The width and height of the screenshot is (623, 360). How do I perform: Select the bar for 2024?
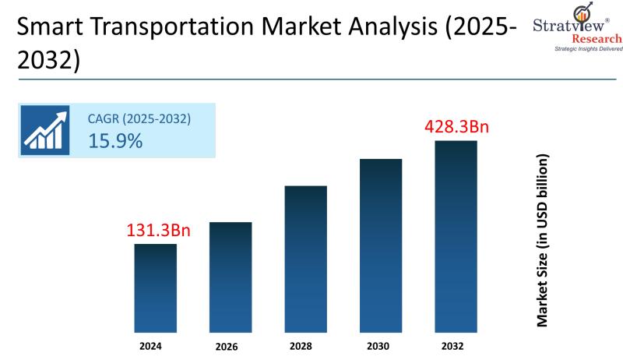(156, 288)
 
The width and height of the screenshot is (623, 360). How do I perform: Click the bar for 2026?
(230, 277)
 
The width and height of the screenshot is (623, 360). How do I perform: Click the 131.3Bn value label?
(159, 231)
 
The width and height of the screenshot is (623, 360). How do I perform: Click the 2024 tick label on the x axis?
(156, 344)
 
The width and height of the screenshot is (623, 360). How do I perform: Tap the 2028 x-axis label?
(306, 344)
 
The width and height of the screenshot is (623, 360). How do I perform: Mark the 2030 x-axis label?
(381, 344)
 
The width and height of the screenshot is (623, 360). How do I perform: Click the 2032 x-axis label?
(456, 344)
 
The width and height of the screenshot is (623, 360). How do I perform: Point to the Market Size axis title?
(544, 239)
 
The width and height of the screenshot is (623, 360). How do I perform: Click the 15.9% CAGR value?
(115, 141)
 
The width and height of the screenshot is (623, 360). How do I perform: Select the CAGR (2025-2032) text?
(139, 119)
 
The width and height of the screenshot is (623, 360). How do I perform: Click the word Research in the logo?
(596, 38)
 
